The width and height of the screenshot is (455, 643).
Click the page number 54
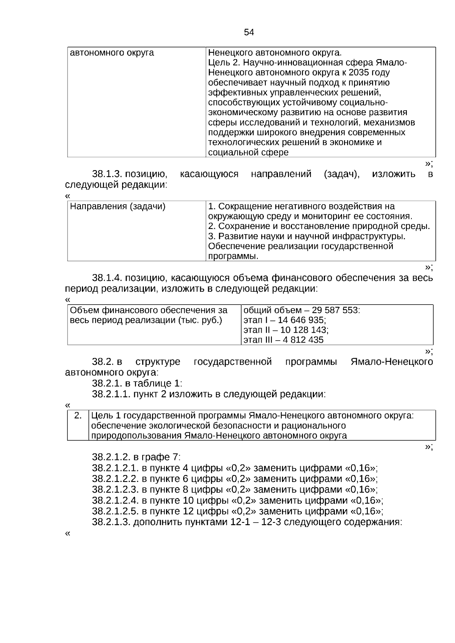[249, 33]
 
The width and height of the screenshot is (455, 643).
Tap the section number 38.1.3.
[107, 174]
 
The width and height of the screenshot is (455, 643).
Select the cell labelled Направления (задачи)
[118, 207]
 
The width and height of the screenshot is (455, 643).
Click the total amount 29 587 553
[335, 310]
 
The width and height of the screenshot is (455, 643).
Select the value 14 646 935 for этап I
[301, 320]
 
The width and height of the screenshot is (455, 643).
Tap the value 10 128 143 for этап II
[303, 330]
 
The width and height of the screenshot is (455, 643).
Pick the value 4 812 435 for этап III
[302, 340]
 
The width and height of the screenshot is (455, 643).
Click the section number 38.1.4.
[107, 278]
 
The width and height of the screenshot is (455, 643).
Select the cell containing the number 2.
[78, 416]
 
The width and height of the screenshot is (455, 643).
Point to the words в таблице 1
[157, 383]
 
